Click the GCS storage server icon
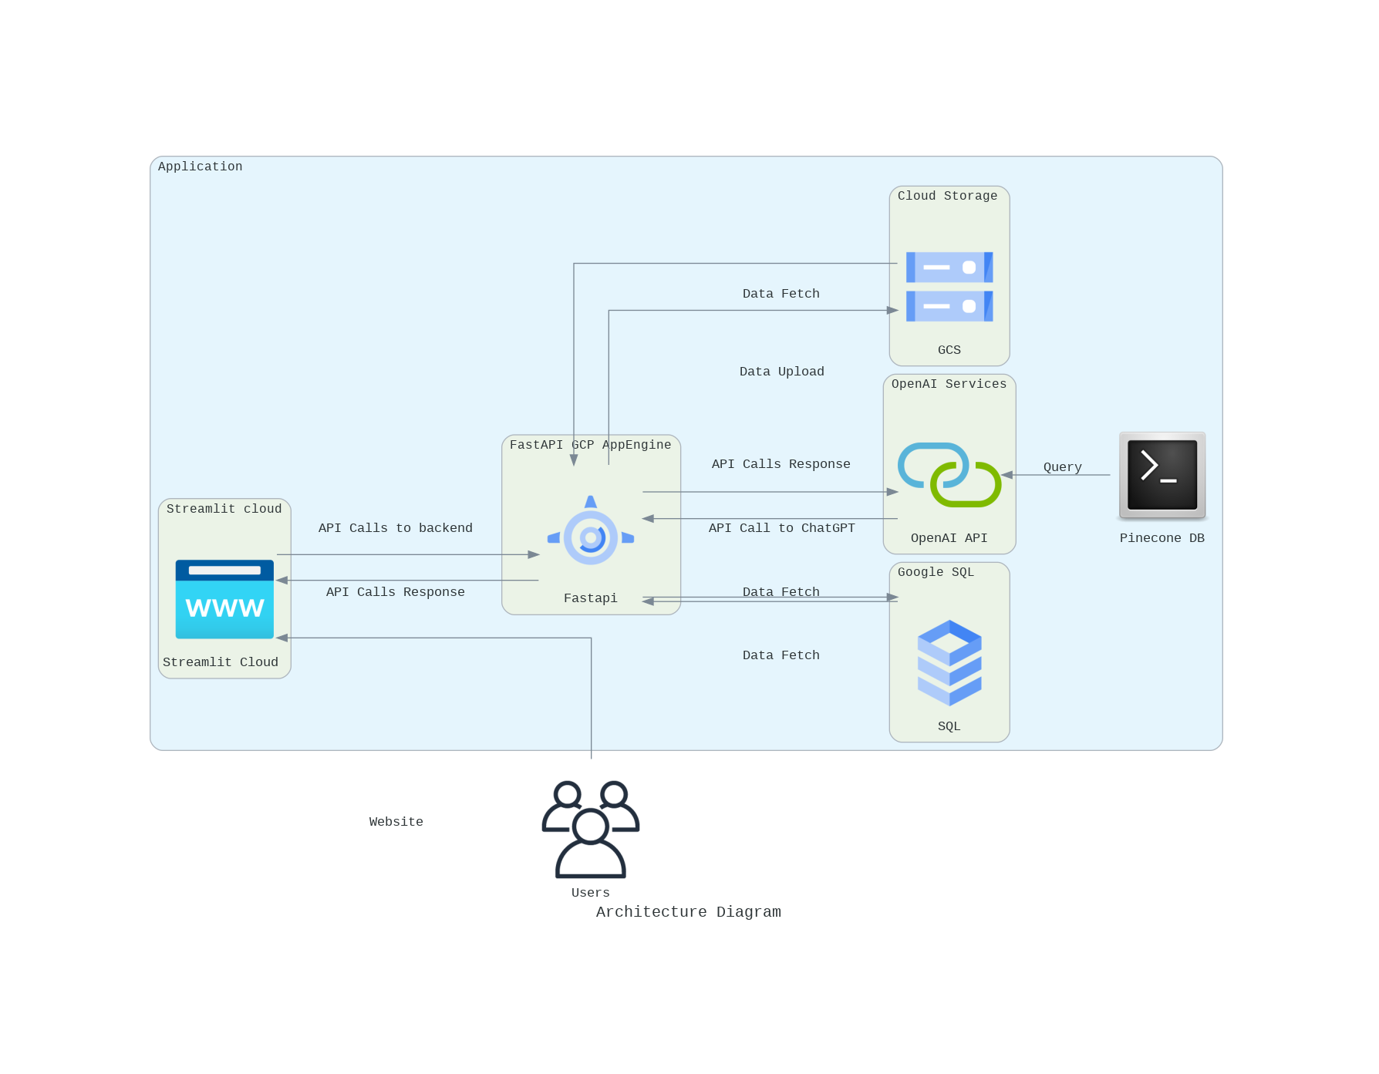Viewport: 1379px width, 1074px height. click(x=949, y=287)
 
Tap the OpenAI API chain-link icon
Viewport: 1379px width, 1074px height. click(x=949, y=474)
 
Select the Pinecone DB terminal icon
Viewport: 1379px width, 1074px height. click(x=1162, y=475)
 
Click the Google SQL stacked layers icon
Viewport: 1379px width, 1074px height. click(x=949, y=662)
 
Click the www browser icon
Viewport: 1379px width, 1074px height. click(x=224, y=599)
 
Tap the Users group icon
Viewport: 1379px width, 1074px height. click(x=591, y=830)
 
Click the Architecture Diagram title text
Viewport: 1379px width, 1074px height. click(x=688, y=912)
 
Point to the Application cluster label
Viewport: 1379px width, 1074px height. click(x=200, y=167)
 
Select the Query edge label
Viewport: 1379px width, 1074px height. click(x=1062, y=467)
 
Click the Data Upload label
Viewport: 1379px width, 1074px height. click(x=781, y=372)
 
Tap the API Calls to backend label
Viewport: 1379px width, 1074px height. click(x=395, y=528)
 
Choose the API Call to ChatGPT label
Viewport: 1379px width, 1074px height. click(x=781, y=528)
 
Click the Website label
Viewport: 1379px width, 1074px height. click(x=396, y=822)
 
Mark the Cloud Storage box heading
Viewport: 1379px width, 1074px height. click(x=947, y=196)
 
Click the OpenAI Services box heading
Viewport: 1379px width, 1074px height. click(x=949, y=384)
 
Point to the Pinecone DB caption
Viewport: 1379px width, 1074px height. click(x=1162, y=538)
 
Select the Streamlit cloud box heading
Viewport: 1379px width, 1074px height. click(x=224, y=509)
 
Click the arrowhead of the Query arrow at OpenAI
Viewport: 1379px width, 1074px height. click(x=1007, y=475)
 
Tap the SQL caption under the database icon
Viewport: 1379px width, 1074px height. click(x=949, y=726)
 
